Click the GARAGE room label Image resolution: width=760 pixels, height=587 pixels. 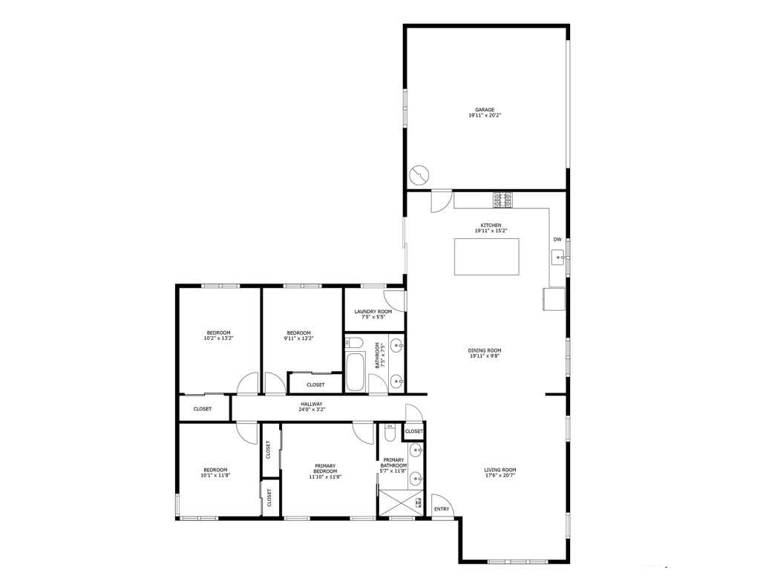[x=486, y=110]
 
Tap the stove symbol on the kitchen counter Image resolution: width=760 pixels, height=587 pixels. [x=502, y=200]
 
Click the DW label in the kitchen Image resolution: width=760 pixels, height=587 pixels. [x=557, y=240]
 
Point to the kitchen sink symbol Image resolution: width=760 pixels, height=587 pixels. [x=559, y=258]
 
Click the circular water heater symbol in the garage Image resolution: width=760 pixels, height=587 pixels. [x=419, y=175]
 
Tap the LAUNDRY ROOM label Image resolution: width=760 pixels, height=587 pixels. [x=373, y=312]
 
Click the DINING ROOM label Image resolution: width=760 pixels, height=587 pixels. [x=485, y=350]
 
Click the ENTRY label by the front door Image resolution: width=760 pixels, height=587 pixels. [x=442, y=509]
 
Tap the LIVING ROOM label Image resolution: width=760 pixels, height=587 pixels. [x=499, y=470]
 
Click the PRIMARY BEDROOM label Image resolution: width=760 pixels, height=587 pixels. [x=325, y=469]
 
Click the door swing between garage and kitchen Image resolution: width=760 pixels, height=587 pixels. [x=441, y=200]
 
